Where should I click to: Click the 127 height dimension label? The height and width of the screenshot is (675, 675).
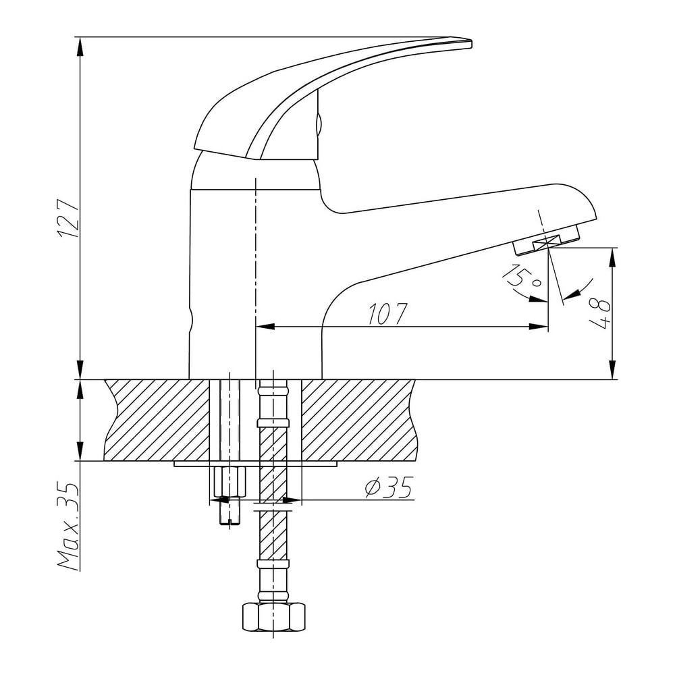point(69,219)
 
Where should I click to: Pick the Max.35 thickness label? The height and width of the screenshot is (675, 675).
point(69,526)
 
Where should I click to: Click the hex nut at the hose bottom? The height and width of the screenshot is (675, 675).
point(274,617)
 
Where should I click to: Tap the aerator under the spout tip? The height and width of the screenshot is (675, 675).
point(546,242)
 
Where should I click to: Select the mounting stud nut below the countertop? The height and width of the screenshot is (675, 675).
point(230,481)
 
